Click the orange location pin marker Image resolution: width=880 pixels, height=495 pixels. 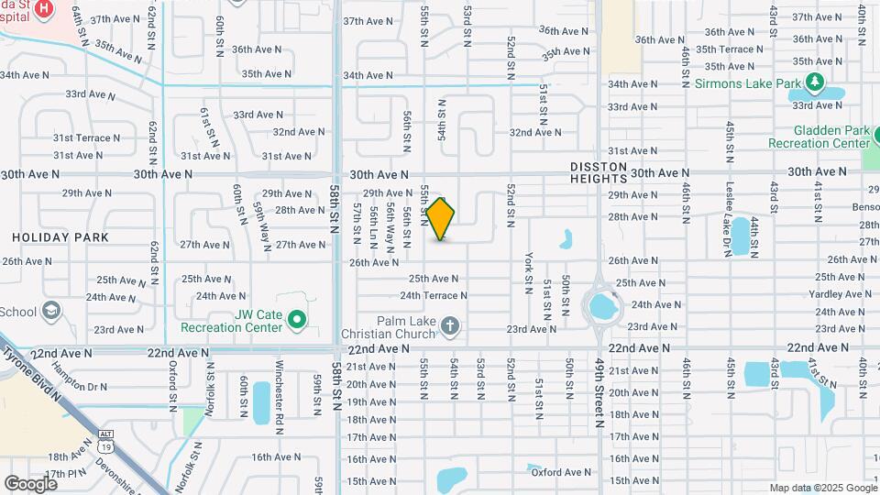click(441, 219)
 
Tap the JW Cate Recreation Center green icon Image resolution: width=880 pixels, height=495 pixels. click(296, 319)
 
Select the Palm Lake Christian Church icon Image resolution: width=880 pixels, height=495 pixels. click(450, 324)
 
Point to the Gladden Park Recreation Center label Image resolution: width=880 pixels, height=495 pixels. click(819, 137)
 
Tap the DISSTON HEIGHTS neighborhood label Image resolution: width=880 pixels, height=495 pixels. click(599, 172)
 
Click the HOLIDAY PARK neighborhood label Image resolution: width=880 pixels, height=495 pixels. click(60, 237)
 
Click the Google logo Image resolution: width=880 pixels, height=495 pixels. click(30, 483)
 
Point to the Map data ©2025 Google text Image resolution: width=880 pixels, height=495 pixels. click(822, 488)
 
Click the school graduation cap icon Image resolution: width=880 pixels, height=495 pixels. click(51, 312)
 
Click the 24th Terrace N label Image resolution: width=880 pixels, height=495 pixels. click(434, 295)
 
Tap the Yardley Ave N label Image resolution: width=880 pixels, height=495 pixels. click(838, 294)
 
